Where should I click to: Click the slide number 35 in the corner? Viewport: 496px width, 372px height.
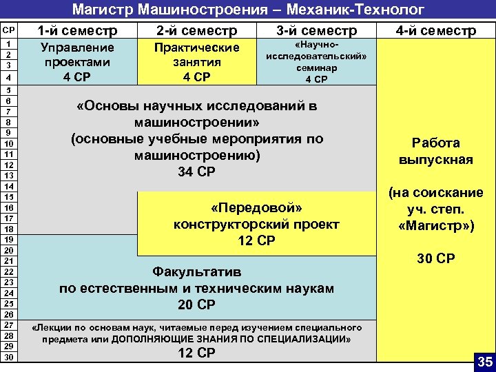pos(485,361)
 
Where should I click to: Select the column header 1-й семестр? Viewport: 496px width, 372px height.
pos(77,31)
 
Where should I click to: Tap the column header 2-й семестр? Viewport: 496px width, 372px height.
pos(197,31)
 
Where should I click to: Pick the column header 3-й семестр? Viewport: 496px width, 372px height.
pos(316,31)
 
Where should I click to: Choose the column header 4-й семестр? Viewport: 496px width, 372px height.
pos(435,31)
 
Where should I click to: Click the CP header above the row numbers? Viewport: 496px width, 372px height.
pos(9,31)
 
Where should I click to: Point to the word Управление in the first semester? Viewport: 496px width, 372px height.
pos(77,48)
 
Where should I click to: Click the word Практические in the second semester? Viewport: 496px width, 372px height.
pos(197,48)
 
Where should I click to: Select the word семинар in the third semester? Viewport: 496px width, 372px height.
pos(316,68)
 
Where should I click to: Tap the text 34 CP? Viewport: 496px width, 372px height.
pos(197,172)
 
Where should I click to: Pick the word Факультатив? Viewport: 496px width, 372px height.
pos(197,271)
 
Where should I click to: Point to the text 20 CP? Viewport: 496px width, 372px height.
pos(197,304)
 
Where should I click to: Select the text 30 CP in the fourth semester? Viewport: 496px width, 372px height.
pos(435,259)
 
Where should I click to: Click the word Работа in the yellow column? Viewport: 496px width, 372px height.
pos(435,143)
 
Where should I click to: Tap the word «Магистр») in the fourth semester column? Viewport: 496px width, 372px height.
pos(435,225)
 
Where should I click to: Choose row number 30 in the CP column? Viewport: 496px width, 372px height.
pos(9,357)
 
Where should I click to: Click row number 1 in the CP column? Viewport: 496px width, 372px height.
pos(9,43)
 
